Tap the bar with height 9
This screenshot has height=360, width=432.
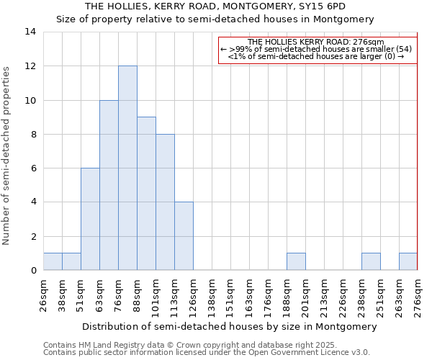[146, 194]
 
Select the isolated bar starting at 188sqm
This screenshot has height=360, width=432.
[296, 262]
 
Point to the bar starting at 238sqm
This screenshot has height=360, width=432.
[371, 262]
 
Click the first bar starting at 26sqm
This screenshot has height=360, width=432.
[53, 262]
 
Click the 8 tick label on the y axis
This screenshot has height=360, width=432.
[33, 134]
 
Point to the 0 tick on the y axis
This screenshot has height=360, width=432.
[33, 271]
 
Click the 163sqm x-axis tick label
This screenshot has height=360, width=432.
[249, 297]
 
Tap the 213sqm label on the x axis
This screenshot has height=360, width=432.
[324, 297]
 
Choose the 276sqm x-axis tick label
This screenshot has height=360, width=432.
[418, 297]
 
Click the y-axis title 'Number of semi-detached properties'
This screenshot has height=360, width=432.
[6, 156]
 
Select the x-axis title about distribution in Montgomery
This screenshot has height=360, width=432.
[230, 326]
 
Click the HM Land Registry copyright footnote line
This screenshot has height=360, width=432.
[195, 345]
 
